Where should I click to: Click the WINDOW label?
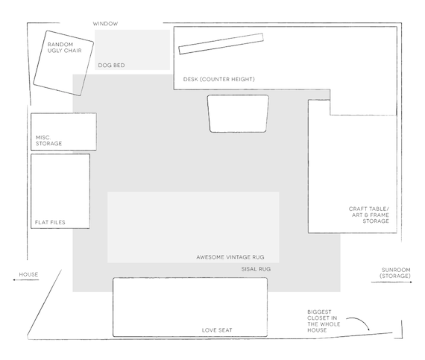click(x=105, y=24)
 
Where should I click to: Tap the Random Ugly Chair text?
click(x=65, y=48)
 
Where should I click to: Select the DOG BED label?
click(x=111, y=66)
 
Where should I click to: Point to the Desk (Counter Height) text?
click(x=219, y=79)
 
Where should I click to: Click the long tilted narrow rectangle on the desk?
click(x=221, y=44)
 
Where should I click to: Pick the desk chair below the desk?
click(x=238, y=113)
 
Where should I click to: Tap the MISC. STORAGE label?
click(x=48, y=141)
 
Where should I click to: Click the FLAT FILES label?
click(x=50, y=222)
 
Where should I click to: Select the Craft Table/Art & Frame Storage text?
click(x=369, y=215)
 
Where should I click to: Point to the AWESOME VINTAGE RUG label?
click(x=230, y=257)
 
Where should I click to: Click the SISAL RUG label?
click(x=256, y=269)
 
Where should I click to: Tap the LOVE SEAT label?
click(x=217, y=330)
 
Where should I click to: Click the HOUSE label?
click(x=28, y=274)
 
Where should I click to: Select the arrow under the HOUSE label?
click(x=26, y=280)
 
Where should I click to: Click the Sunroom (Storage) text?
click(x=395, y=273)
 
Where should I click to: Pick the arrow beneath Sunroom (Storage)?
click(x=391, y=282)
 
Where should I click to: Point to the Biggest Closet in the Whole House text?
click(x=324, y=321)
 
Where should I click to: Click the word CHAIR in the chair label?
click(x=73, y=51)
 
